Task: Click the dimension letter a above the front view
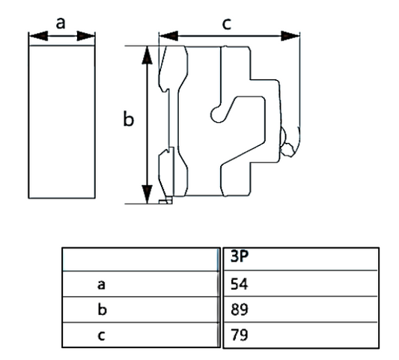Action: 61,22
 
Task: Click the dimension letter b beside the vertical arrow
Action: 128,120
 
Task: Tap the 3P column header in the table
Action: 239,259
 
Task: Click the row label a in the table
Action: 101,284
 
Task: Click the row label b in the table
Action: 101,308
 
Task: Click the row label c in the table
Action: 101,333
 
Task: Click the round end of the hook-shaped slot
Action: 216,113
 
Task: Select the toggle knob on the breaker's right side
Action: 287,150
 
